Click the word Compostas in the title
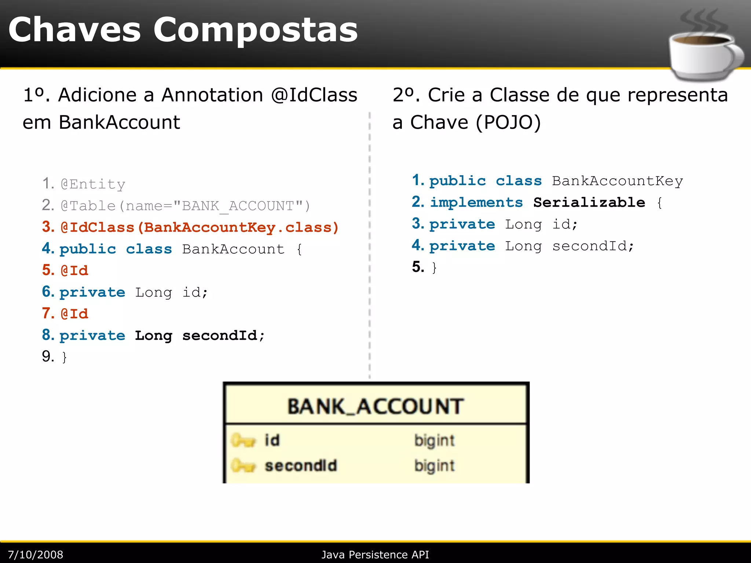255,30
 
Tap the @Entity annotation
93,184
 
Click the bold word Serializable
589,203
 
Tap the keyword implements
476,203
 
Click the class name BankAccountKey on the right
618,181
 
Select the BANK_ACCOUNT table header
375,406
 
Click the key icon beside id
243,440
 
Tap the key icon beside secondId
243,466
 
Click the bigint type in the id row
434,441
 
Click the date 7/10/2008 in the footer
36,555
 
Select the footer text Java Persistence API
375,555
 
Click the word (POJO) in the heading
508,122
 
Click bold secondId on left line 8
220,336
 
